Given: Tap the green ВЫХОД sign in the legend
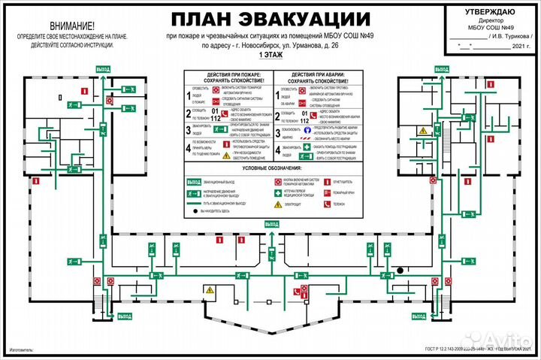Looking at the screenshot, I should [x=193, y=182].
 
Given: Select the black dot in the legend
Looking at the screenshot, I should [x=193, y=213].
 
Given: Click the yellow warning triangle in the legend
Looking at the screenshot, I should [x=279, y=204].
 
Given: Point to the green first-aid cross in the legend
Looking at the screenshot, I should [x=279, y=192].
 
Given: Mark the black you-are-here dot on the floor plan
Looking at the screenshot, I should [x=401, y=270].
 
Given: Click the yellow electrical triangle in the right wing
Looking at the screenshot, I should [x=423, y=131].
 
